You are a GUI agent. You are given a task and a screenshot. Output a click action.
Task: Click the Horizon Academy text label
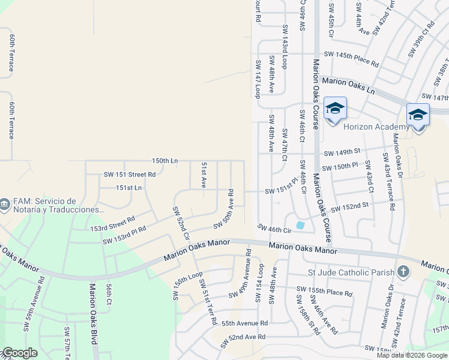[376, 127]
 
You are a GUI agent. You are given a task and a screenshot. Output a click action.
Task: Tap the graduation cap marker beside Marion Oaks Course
[335, 109]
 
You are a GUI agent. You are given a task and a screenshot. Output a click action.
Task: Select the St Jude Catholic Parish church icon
[403, 272]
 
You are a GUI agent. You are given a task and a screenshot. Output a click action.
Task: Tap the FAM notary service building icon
[5, 205]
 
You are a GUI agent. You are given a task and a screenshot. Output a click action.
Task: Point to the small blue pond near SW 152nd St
[300, 225]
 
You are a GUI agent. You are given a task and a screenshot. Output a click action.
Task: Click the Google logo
[19, 353]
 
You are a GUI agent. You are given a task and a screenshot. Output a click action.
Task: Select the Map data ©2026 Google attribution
[412, 355]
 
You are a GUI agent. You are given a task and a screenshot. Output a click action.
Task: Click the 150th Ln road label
[165, 161]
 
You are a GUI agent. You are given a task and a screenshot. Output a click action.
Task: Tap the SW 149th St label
[342, 152]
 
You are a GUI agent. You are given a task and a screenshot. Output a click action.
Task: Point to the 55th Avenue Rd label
[244, 323]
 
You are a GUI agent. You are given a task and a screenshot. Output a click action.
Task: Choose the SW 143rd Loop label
[285, 46]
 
